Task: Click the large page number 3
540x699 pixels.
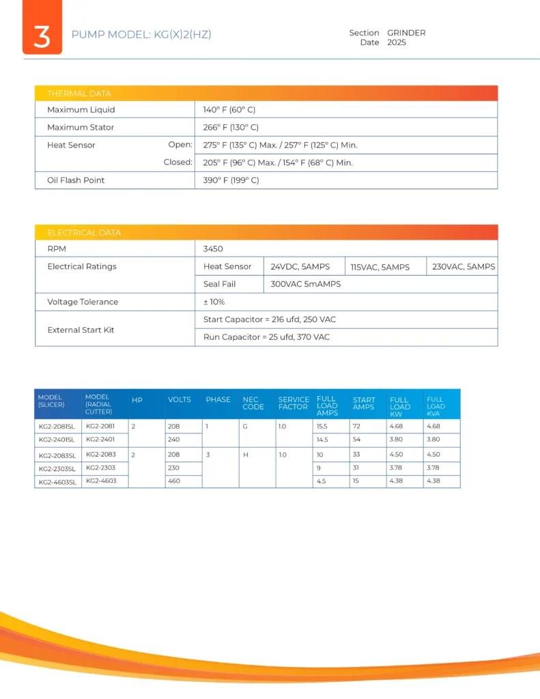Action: tap(42, 35)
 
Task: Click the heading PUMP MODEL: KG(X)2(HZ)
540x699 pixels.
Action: tap(141, 35)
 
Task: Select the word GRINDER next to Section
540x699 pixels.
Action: tap(406, 33)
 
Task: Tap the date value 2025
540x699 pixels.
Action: tap(396, 42)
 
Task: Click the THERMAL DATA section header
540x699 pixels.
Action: tap(79, 94)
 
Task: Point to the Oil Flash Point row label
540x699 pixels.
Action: tap(76, 180)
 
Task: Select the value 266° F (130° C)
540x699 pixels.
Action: tap(231, 127)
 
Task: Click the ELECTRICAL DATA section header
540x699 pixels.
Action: tap(84, 233)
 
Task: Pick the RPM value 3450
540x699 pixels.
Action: tap(213, 249)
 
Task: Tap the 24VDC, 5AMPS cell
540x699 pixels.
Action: tap(300, 266)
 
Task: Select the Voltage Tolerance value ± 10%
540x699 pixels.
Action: tap(214, 302)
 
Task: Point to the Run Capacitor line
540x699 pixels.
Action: tap(266, 337)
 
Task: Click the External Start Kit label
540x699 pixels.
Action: tap(81, 330)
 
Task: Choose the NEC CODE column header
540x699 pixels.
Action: tap(253, 403)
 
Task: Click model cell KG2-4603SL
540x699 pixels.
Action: tap(57, 482)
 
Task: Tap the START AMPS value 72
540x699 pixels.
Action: tap(357, 425)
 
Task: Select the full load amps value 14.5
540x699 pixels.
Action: tap(323, 439)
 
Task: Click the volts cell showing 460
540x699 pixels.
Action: tap(174, 481)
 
